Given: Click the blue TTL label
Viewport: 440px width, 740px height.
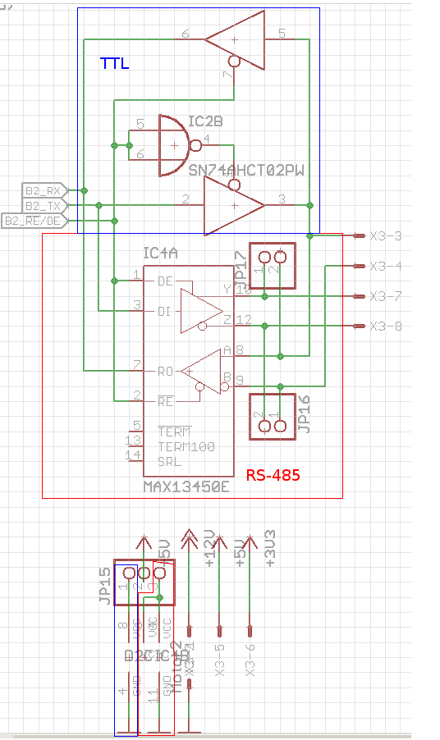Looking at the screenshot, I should (x=115, y=62).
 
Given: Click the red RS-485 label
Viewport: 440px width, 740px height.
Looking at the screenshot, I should (x=273, y=475).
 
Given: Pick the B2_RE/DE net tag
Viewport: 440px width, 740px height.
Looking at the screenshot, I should (x=34, y=221).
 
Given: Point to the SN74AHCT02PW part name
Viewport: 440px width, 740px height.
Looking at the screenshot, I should (x=246, y=171).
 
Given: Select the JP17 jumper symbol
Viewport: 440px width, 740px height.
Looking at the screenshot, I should (x=272, y=266).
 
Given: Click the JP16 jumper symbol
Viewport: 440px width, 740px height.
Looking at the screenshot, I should (x=272, y=416).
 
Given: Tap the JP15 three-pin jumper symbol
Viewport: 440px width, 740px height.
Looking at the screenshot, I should (x=139, y=582).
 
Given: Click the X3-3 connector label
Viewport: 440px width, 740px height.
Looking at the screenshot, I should (x=386, y=236).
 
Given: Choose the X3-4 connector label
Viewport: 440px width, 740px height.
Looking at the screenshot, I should (x=386, y=266).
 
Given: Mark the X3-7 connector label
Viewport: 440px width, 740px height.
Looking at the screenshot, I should (x=386, y=296).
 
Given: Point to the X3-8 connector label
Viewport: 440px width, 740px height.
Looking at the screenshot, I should (x=386, y=327).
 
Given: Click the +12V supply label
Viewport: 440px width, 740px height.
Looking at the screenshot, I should (x=209, y=550).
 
